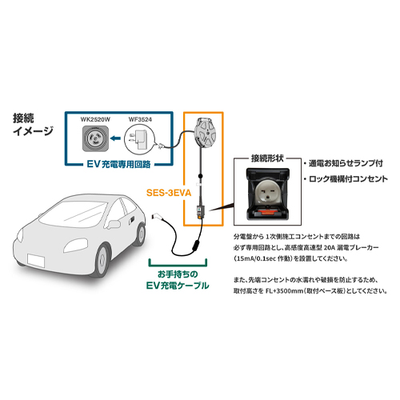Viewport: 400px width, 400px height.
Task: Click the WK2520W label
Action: pos(95,119)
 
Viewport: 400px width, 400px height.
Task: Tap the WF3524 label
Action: pos(140,119)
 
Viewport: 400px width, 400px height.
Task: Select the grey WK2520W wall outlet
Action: pos(95,138)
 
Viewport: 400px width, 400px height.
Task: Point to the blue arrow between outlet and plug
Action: pos(115,138)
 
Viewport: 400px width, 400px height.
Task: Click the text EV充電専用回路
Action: pos(119,164)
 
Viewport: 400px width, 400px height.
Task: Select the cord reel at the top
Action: pos(204,132)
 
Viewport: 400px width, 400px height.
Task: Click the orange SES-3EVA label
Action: pos(169,193)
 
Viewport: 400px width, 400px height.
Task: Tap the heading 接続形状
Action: pos(267,158)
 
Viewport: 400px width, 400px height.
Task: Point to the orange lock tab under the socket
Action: pos(267,213)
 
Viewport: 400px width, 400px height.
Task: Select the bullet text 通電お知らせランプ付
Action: pos(346,163)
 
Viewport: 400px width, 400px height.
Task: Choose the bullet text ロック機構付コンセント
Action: pos(348,179)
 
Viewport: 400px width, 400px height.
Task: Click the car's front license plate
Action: pos(36,261)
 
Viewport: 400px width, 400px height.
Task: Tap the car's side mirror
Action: pos(114,224)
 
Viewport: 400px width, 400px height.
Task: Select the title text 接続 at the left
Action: pos(23,118)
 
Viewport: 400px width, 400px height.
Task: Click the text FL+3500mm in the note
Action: pos(284,291)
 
